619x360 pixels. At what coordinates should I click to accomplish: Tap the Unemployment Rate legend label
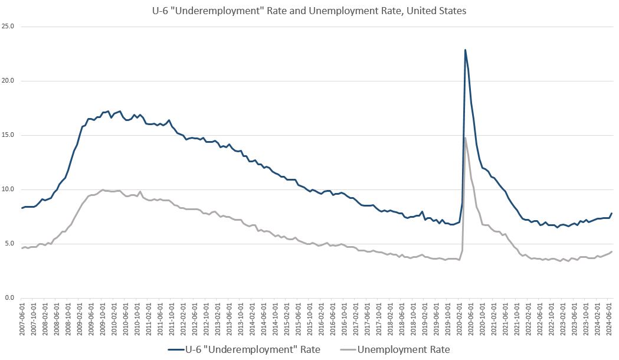(x=404, y=349)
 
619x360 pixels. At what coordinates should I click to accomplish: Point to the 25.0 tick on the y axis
(x=8, y=27)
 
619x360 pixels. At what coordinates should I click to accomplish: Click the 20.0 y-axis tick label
(x=8, y=81)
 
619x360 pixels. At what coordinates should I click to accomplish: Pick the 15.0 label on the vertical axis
(x=8, y=135)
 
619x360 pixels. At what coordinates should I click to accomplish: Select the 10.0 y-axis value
(x=8, y=189)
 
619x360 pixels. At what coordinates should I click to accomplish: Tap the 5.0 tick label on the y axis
(x=10, y=244)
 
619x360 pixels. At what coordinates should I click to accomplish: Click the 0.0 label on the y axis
(x=10, y=298)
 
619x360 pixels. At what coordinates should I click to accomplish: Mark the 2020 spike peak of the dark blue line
(x=465, y=50)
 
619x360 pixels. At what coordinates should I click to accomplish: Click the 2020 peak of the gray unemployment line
(x=465, y=138)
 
